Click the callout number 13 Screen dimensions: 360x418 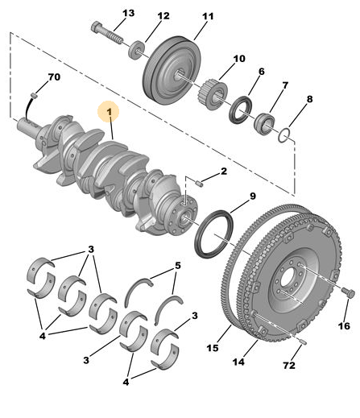[x=128, y=13]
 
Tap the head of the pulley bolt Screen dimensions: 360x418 [x=96, y=27]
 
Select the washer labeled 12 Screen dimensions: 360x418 [x=137, y=49]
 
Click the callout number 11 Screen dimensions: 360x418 [x=208, y=16]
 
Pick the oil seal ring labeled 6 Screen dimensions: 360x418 [x=240, y=110]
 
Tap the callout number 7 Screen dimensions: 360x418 [x=285, y=85]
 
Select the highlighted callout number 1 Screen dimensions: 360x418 [x=109, y=112]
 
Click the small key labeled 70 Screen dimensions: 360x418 [x=34, y=95]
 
